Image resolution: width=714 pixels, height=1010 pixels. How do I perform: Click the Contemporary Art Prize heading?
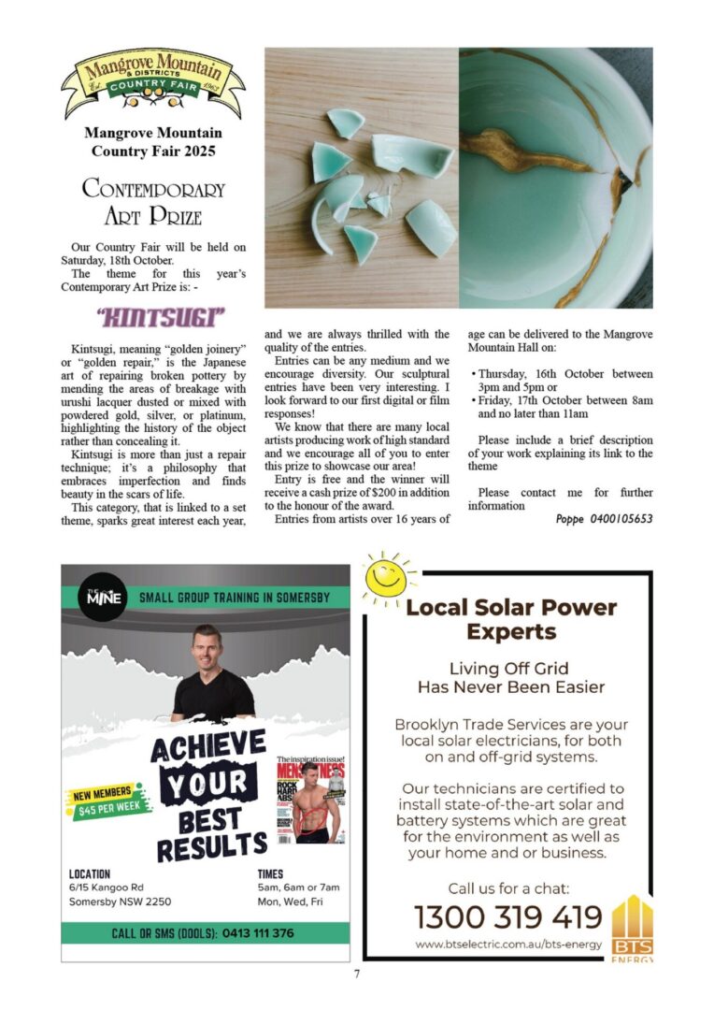coord(153,202)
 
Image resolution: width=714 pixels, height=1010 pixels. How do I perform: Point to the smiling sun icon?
coord(387,580)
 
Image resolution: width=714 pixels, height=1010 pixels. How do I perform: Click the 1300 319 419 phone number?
coord(507,916)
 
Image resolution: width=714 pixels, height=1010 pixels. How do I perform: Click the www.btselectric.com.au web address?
coord(507,945)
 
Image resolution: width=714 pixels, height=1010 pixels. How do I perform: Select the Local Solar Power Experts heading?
coord(511,619)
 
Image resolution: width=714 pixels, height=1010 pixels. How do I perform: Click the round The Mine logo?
coord(103,598)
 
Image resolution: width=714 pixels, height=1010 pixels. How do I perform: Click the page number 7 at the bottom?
coord(356,974)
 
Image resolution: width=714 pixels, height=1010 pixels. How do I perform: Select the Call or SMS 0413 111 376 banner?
coord(203,933)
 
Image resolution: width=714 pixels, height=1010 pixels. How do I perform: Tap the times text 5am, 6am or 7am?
coord(298,887)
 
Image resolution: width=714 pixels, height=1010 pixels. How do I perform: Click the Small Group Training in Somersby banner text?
coord(235,598)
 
